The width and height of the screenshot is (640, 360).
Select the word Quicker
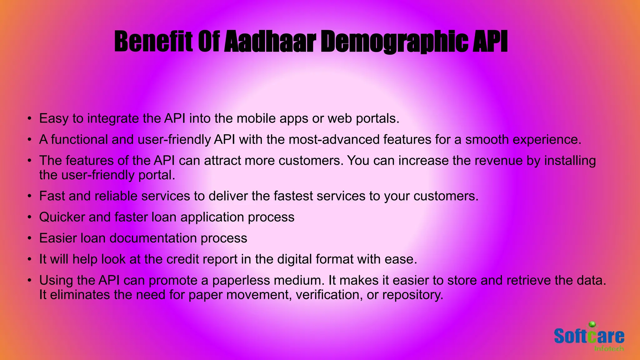62,217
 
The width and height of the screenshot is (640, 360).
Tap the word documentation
153,238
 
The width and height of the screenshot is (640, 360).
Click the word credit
183,259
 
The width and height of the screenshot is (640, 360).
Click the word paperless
241,281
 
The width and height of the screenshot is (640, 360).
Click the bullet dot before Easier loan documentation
29,238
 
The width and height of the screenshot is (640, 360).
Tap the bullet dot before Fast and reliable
29,196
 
